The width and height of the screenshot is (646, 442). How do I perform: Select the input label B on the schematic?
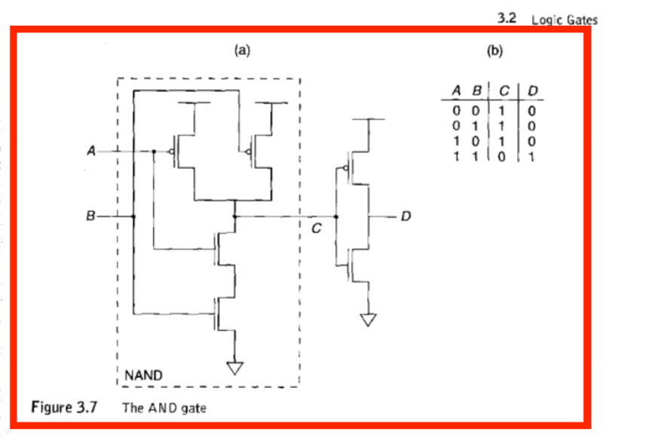pyautogui.click(x=91, y=217)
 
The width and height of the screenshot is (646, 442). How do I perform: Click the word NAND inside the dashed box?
pyautogui.click(x=144, y=375)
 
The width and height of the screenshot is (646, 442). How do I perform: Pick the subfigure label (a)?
pyautogui.click(x=241, y=51)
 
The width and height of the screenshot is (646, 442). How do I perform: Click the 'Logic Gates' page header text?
pyautogui.click(x=564, y=20)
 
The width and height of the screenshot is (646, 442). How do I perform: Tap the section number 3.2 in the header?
pyautogui.click(x=507, y=19)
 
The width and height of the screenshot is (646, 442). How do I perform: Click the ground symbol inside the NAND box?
pyautogui.click(x=236, y=367)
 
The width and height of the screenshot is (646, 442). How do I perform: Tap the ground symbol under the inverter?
pyautogui.click(x=367, y=319)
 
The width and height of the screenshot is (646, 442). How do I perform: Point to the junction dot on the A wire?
pyautogui.click(x=153, y=151)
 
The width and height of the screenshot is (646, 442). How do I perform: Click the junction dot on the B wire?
pyautogui.click(x=134, y=217)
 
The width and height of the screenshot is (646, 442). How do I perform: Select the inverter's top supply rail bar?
pyautogui.click(x=367, y=119)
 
